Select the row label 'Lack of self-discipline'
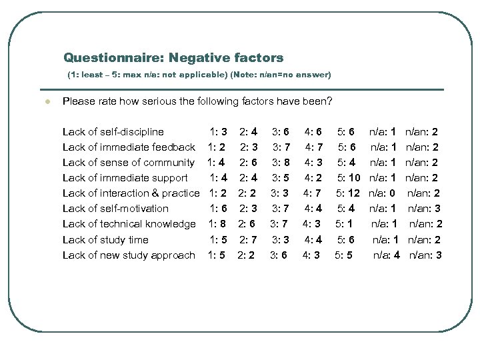point(113,132)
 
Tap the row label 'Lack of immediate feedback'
point(129,147)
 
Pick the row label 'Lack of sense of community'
point(129,162)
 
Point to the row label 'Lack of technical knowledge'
point(129,223)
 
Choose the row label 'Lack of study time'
point(105,239)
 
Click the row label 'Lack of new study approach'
point(129,255)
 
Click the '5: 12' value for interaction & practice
point(348,193)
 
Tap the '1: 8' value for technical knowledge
point(218,223)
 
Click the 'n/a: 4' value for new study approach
point(386,255)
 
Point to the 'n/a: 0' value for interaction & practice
point(383,193)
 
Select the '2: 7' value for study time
point(250,239)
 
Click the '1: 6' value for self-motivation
point(219,209)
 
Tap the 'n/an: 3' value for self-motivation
point(425,209)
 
